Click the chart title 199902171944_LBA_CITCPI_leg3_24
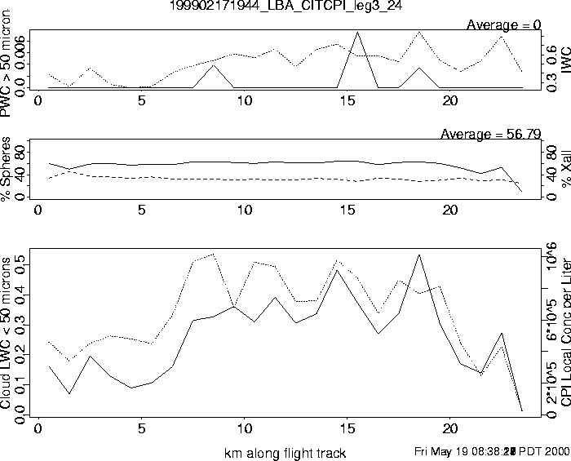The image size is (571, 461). pyautogui.click(x=285, y=6)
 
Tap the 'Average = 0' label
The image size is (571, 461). pyautogui.click(x=503, y=25)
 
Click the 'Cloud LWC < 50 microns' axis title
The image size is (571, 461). pyautogui.click(x=7, y=332)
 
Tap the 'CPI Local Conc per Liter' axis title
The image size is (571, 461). pyautogui.click(x=563, y=336)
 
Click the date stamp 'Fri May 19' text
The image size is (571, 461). pyautogui.click(x=444, y=452)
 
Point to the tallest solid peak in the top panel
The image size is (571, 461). pyautogui.click(x=357, y=33)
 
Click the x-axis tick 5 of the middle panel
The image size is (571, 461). pyautogui.click(x=142, y=210)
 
